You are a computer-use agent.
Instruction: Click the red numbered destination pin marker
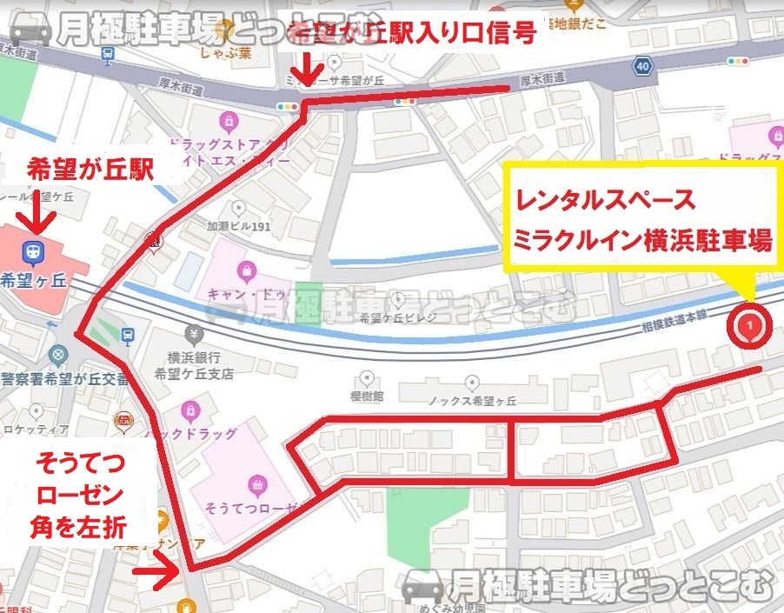(749, 326)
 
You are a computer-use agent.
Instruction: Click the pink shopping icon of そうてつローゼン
(257, 483)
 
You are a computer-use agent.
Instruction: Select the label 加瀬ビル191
(238, 225)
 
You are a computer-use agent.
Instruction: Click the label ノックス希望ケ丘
(473, 401)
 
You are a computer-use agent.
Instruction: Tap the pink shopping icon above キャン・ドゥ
(247, 270)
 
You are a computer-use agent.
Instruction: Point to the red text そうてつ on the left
(79, 464)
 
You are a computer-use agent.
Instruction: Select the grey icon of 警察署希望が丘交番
(58, 356)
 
